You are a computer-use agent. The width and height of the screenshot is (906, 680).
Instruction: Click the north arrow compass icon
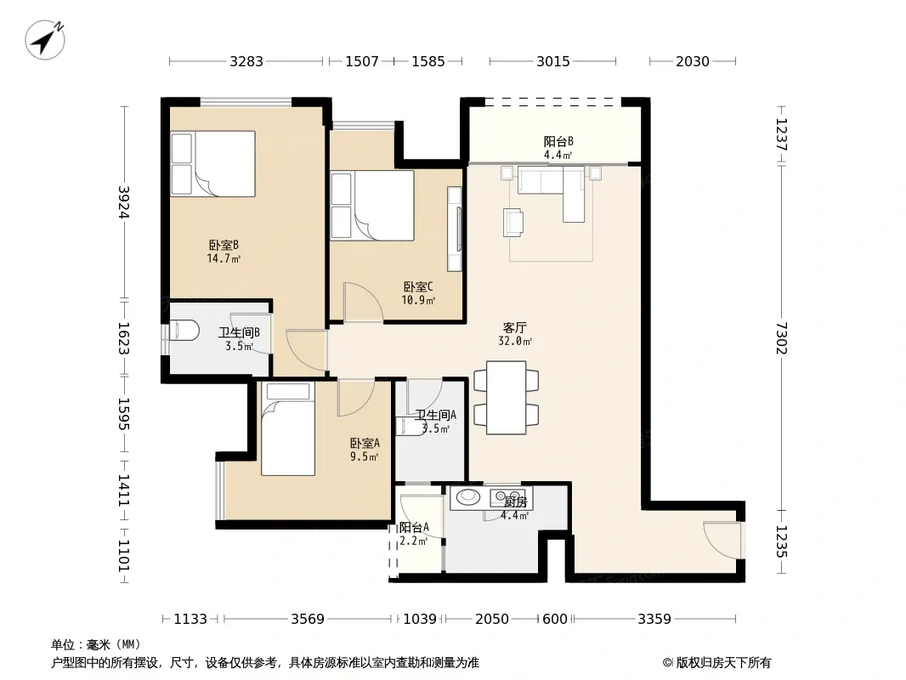coord(45,39)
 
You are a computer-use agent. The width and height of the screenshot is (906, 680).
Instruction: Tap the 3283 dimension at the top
coord(246,61)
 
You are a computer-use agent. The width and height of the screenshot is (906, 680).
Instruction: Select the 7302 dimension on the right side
coord(781,338)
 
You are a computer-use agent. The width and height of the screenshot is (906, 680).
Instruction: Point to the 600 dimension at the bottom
coord(555,619)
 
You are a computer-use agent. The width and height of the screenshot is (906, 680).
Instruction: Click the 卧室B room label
coord(224,246)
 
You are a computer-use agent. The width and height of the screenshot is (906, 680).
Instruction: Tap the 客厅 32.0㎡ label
coord(515,335)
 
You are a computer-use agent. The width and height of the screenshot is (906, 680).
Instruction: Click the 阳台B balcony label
coord(558,142)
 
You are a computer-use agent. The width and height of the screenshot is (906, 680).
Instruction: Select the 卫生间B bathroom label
coord(239,333)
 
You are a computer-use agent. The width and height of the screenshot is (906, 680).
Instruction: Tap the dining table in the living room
coord(507,398)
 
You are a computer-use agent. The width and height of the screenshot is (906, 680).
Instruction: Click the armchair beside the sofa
coord(513,223)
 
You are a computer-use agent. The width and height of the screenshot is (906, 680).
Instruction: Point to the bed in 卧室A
coord(288,429)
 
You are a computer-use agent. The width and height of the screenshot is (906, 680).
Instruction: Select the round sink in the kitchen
coord(468,497)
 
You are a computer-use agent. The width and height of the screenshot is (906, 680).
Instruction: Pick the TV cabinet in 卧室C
coord(455,229)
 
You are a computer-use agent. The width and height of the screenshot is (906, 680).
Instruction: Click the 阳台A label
coord(414,528)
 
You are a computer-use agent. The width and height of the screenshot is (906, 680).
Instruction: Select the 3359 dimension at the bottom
coord(654,619)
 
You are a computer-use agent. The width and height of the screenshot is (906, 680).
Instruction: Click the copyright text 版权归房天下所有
coord(723,663)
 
